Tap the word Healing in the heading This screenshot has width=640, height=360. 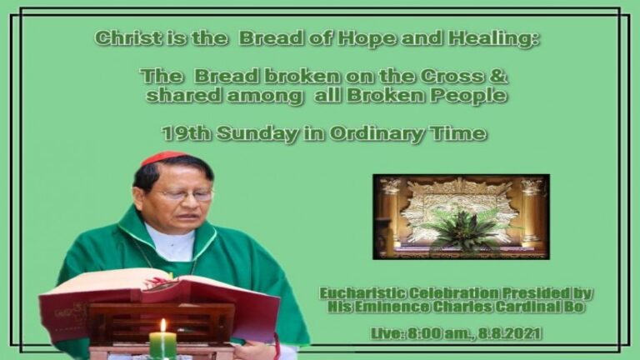493,39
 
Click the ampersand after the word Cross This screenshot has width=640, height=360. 497,77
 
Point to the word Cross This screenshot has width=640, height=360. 452,77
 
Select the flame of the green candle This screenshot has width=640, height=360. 162,325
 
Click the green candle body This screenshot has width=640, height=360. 162,345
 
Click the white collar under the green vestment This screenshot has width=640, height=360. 172,242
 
